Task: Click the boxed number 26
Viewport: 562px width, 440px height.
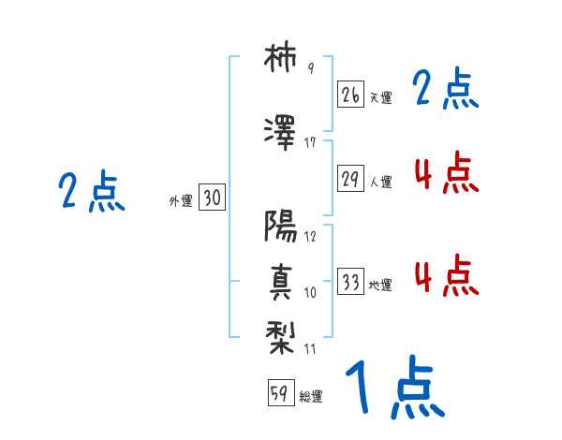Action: [351, 94]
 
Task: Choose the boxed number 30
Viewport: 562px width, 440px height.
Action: [212, 198]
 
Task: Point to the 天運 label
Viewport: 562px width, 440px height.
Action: [380, 97]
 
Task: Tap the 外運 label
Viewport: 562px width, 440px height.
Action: [181, 200]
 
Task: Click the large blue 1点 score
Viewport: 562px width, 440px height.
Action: [393, 388]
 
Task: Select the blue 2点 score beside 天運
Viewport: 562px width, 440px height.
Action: [446, 91]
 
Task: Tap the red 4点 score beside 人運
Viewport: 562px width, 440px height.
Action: [446, 173]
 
